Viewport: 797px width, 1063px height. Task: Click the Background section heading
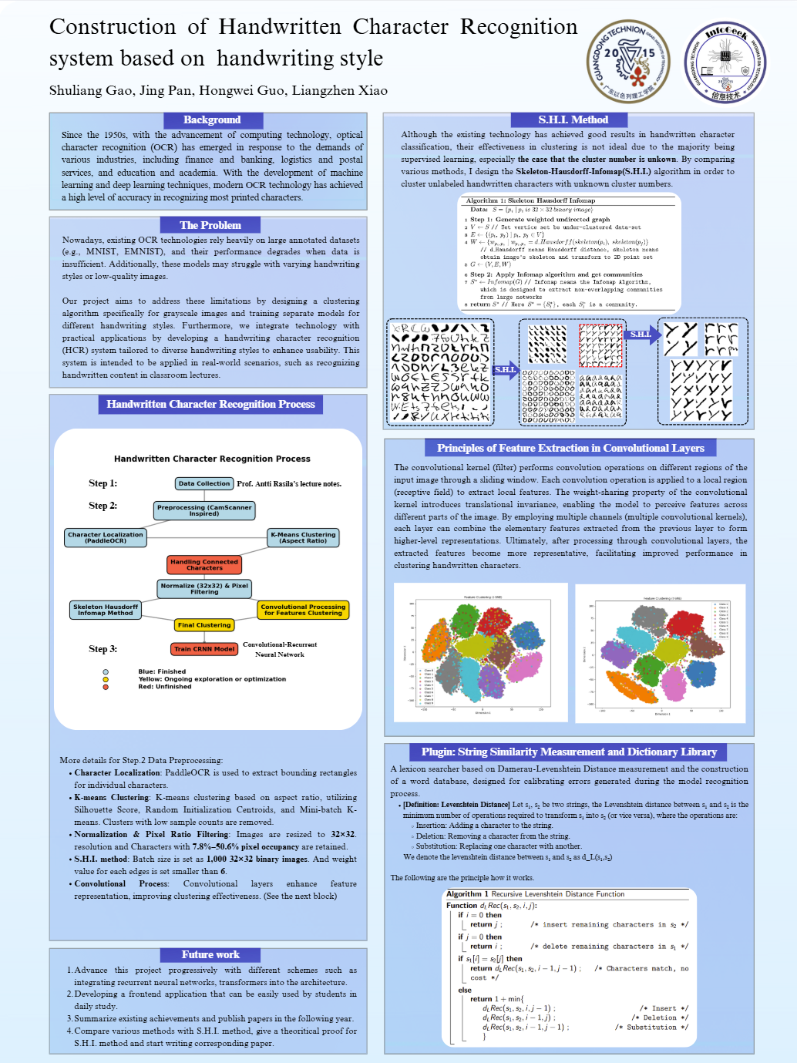click(212, 119)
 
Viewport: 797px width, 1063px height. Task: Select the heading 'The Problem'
click(210, 225)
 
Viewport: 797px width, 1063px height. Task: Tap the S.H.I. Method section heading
click(573, 119)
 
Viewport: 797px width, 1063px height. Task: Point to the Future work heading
click(210, 954)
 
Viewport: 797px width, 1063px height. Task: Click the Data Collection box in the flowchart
click(204, 483)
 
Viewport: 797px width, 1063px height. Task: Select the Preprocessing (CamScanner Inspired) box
click(204, 510)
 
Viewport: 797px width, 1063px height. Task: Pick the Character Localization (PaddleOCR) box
click(106, 537)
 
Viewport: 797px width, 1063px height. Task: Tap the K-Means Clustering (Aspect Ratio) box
click(303, 537)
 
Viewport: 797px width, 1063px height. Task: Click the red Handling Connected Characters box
click(204, 565)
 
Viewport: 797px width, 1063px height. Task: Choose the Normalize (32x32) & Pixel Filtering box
click(204, 589)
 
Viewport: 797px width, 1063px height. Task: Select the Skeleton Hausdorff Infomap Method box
click(106, 610)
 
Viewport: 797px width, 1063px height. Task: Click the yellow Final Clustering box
click(204, 625)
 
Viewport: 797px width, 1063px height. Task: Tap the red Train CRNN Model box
click(204, 649)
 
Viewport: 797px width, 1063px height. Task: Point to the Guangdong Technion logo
click(628, 62)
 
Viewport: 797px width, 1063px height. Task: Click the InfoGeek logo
click(725, 62)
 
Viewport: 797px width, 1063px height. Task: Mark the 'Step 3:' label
click(103, 649)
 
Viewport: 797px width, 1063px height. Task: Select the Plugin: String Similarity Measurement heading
click(569, 752)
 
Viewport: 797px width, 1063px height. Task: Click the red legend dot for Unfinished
click(106, 687)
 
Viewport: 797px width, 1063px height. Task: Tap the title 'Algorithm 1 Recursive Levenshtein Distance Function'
click(535, 894)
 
